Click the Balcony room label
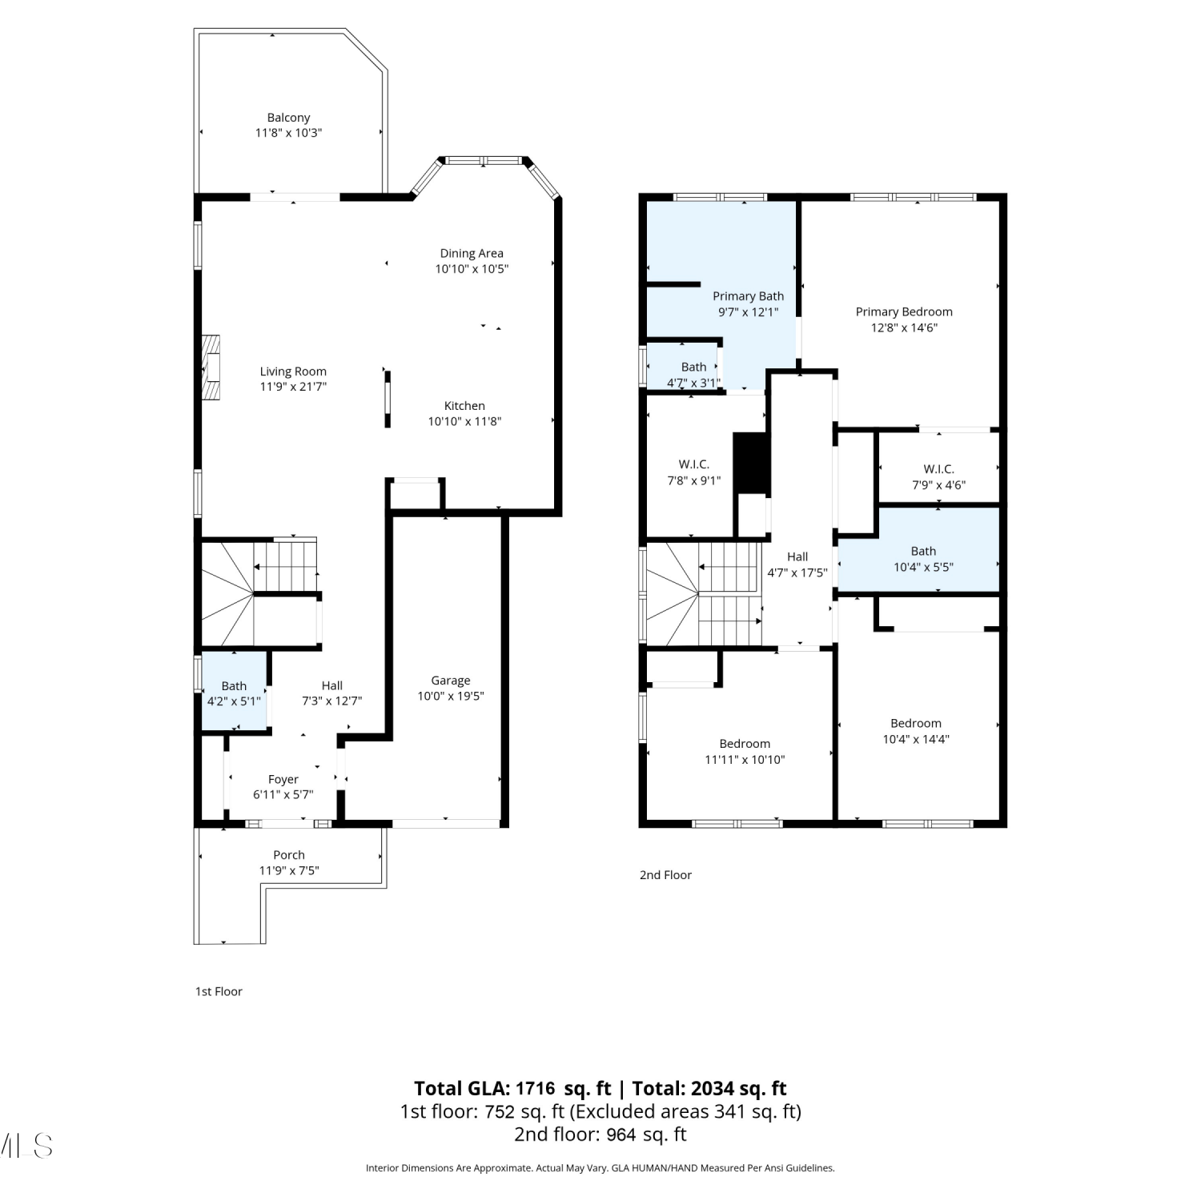(288, 118)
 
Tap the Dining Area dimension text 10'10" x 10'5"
(472, 269)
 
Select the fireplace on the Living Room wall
(211, 367)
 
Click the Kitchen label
(464, 406)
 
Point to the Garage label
(451, 681)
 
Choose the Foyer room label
(283, 779)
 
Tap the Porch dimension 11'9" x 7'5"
(289, 870)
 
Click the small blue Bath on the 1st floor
(234, 691)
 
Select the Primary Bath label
(749, 296)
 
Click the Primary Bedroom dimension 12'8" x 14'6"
(904, 327)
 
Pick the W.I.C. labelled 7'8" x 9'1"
(694, 464)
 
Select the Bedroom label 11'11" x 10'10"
(745, 744)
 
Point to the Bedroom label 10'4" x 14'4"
(916, 723)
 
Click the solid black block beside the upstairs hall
(751, 463)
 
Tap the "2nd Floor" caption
(665, 875)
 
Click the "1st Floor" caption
(219, 991)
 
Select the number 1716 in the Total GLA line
(535, 1089)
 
